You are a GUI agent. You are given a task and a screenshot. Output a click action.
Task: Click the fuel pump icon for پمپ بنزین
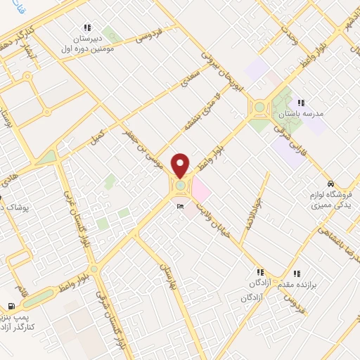11,306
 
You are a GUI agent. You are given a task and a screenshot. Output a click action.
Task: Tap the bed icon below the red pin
181,206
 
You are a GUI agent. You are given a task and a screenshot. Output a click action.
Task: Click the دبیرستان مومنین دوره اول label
87,41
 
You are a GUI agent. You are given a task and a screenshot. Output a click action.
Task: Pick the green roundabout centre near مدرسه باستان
259,108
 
